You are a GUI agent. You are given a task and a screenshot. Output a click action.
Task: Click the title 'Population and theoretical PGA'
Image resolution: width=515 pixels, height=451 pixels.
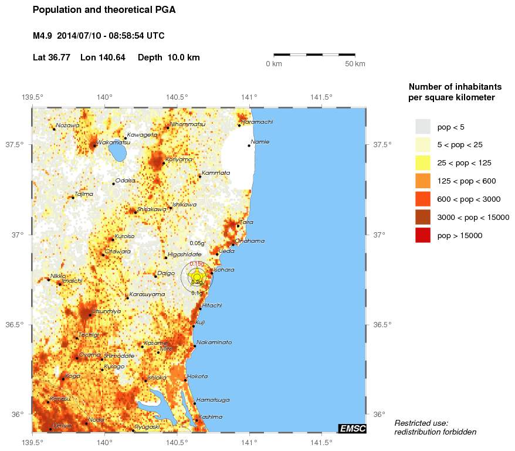[104, 10]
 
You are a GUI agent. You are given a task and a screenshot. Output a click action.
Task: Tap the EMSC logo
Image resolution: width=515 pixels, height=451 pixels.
[353, 429]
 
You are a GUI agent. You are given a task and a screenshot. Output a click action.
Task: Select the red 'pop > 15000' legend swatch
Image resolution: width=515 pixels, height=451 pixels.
[422, 236]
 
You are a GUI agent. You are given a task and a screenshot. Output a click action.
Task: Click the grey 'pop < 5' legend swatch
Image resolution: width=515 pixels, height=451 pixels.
[422, 127]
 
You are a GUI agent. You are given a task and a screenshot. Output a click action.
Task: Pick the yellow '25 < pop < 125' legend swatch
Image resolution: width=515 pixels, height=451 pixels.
[422, 163]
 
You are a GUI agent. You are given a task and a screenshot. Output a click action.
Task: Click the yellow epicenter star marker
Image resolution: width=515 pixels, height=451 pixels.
[198, 276]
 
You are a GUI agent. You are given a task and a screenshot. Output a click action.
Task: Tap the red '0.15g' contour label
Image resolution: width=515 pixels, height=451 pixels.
[196, 264]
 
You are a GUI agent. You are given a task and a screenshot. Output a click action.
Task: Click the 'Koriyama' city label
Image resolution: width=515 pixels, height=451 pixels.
[178, 160]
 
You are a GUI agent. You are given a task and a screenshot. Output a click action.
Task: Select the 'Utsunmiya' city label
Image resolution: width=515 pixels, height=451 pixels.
[106, 311]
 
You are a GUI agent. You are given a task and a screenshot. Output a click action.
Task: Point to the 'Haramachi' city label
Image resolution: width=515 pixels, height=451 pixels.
[257, 122]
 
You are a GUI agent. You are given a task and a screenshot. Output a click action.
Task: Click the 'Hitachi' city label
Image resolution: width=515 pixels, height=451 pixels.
[212, 306]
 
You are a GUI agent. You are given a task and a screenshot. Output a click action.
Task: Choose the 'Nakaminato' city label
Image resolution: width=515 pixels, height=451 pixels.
[214, 342]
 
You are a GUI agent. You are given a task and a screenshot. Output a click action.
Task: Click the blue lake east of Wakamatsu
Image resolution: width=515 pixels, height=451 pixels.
[118, 153]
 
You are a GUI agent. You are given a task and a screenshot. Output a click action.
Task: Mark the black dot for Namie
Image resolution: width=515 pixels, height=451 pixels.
[249, 145]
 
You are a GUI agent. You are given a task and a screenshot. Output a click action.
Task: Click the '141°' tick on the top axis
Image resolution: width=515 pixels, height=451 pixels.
[249, 97]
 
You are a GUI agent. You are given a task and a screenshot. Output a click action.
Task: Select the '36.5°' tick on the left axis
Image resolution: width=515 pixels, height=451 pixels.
[13, 324]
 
